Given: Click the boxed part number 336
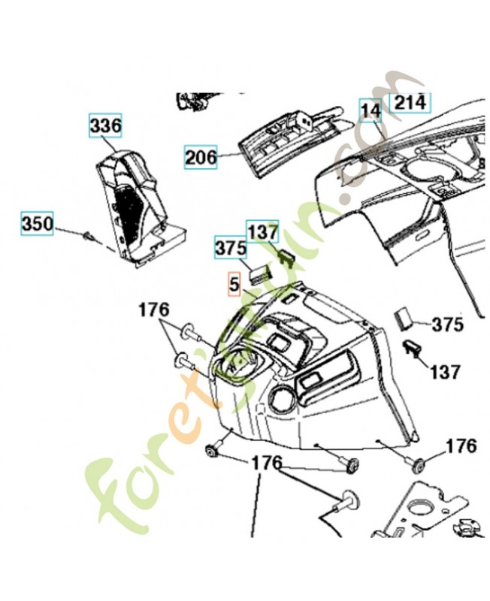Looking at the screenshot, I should click(105, 126).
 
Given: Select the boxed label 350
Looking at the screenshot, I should click(37, 224).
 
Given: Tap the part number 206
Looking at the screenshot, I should click(201, 157).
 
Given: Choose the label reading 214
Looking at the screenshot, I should click(410, 101).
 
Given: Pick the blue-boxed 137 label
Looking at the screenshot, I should click(262, 231).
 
